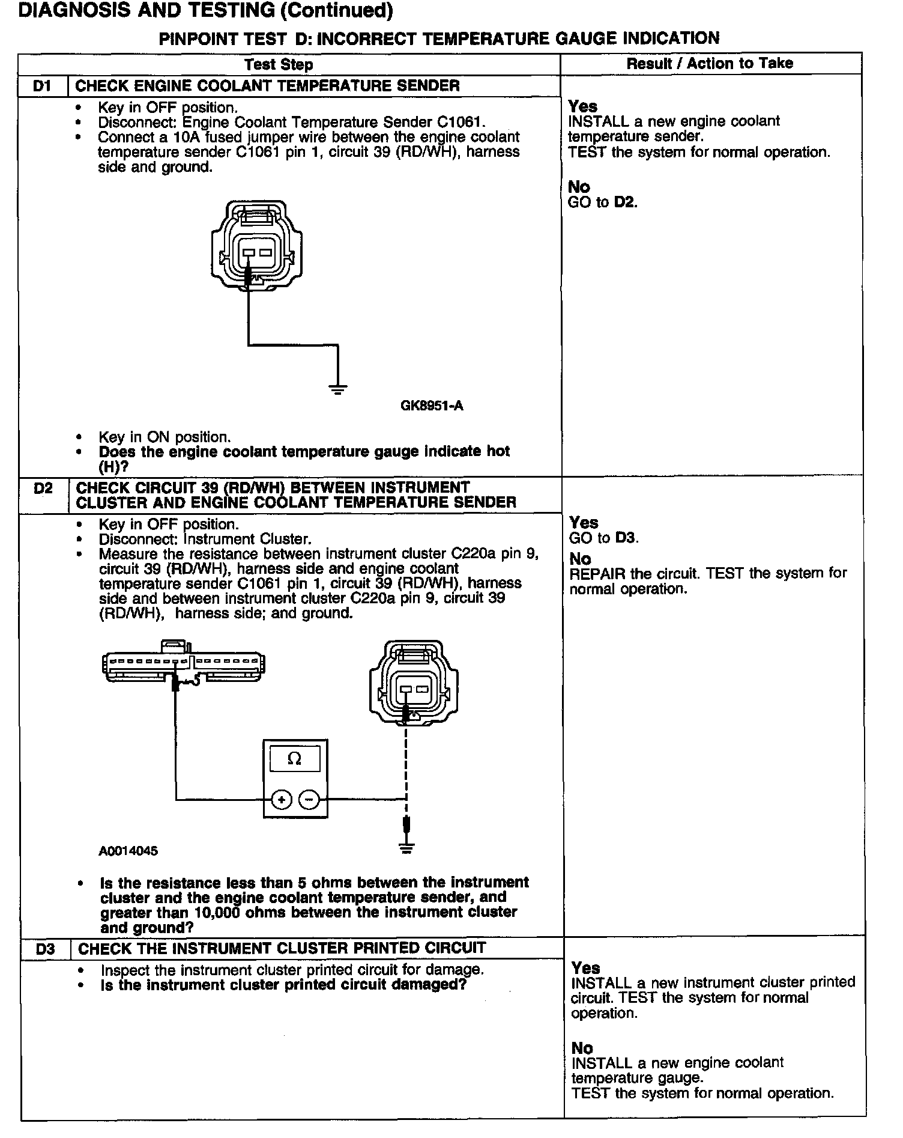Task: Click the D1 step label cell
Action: tap(42, 86)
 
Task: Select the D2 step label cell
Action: tap(43, 488)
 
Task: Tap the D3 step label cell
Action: tap(45, 949)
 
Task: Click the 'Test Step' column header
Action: tap(279, 65)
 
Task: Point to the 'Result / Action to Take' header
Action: tap(710, 64)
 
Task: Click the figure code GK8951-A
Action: tap(432, 406)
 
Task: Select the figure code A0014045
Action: tap(128, 851)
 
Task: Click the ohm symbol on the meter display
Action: tap(295, 759)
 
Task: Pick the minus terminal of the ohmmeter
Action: tap(309, 799)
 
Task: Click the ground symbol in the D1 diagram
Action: tap(339, 389)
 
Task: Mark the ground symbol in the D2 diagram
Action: tap(406, 848)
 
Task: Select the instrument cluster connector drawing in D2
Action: tap(184, 664)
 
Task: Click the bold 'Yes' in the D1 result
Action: tap(582, 106)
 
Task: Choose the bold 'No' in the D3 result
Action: tap(582, 1048)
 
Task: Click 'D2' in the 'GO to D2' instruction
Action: tap(624, 202)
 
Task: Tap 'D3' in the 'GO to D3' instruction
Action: tap(626, 538)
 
